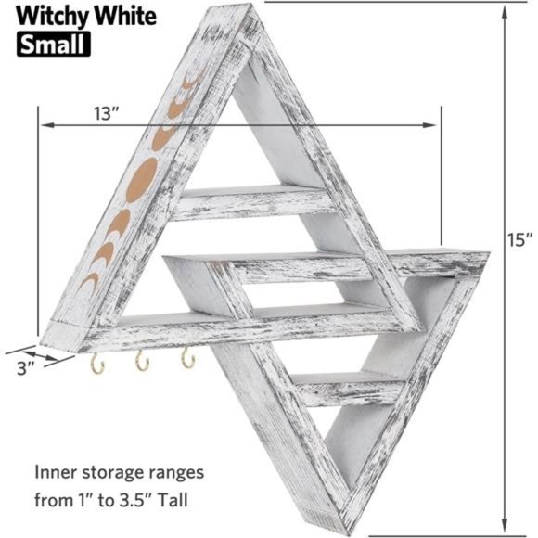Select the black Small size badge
52,43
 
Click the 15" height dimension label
519,239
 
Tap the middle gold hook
142,362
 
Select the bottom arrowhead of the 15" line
505,525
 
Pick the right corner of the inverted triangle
487,253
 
